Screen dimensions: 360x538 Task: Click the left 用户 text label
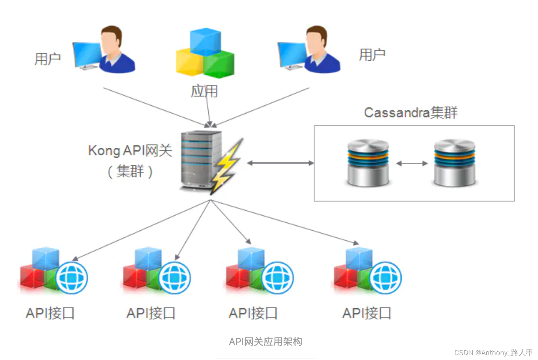(48, 59)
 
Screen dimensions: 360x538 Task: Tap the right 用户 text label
(372, 55)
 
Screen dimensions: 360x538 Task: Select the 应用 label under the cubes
(204, 91)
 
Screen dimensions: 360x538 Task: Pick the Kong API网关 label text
(130, 150)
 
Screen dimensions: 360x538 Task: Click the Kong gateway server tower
(199, 159)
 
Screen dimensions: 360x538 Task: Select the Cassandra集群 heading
(410, 112)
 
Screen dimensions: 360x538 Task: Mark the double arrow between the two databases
(412, 163)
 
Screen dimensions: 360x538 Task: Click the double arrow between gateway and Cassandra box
(280, 163)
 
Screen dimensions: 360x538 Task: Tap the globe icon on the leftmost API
(72, 278)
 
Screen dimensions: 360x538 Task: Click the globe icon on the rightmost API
(385, 278)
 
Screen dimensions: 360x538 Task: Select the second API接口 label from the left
(151, 313)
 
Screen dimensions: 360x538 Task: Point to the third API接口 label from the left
(253, 313)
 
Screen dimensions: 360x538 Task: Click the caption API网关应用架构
(265, 342)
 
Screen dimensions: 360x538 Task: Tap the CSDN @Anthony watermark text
(493, 352)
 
